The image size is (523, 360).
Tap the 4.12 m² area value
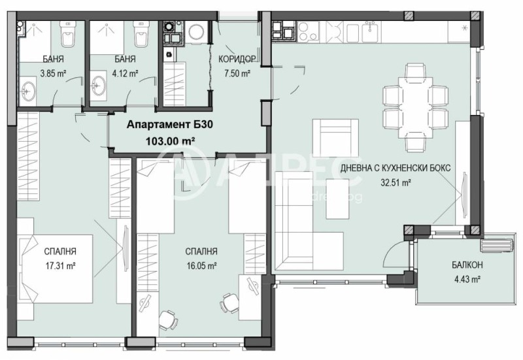124,73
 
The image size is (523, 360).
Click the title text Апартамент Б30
161,123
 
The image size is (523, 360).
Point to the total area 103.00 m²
161,139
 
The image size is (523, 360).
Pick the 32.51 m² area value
396,183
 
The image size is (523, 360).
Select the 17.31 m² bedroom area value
59,265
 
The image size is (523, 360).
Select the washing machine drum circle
195,32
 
